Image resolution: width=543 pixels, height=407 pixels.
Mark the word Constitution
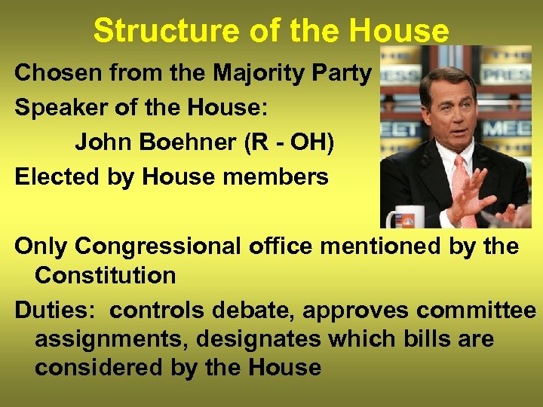105,275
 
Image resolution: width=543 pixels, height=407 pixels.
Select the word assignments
111,339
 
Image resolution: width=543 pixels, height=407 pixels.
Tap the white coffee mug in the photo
402,217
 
